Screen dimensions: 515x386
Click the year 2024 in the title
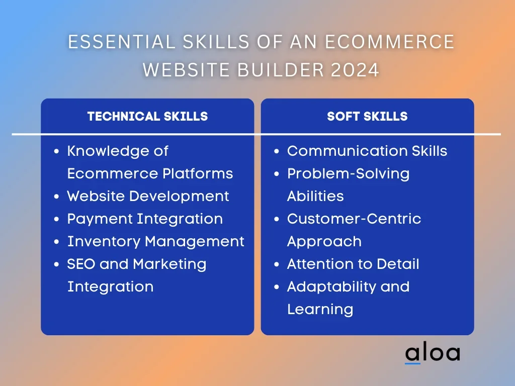[355, 70]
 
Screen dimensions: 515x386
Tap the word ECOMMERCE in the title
[390, 42]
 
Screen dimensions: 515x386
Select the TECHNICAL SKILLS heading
[147, 116]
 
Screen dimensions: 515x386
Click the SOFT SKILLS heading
[367, 116]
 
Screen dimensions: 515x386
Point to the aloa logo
[433, 353]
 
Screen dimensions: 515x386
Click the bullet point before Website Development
[56, 197]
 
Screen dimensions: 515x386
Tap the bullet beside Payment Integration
[56, 219]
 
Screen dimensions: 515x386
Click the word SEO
[81, 264]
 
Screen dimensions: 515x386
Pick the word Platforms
[198, 173]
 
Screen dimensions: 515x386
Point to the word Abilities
[315, 197]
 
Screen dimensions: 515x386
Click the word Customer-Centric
[354, 219]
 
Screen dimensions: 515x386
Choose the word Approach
[324, 242]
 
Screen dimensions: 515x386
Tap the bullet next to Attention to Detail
[277, 264]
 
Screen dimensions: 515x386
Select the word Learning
[320, 310]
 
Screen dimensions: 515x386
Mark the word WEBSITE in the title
[187, 70]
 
